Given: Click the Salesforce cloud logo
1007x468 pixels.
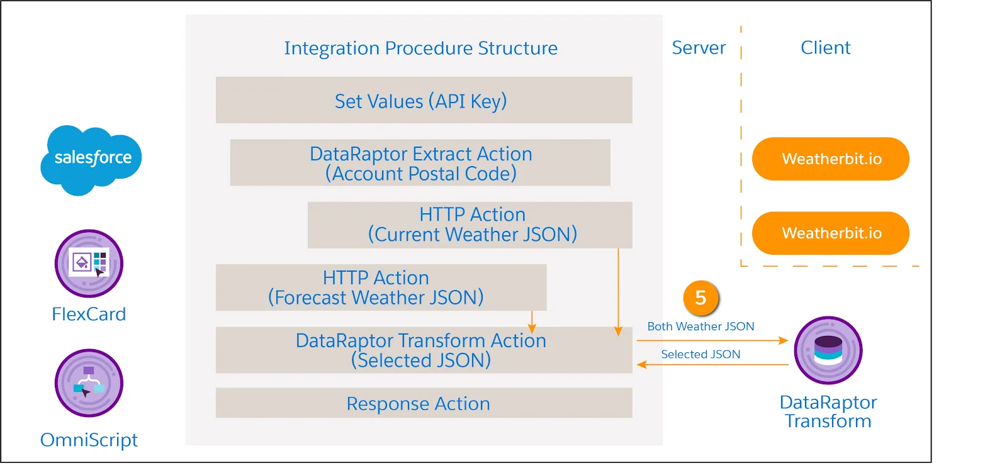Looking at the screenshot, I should pyautogui.click(x=91, y=159).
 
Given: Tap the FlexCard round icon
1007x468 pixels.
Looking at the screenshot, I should pyautogui.click(x=89, y=263).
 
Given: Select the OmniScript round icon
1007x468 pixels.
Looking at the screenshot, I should pyautogui.click(x=89, y=382).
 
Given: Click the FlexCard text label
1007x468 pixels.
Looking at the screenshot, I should pyautogui.click(x=89, y=314).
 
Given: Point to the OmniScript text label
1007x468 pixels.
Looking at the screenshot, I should pyautogui.click(x=89, y=440).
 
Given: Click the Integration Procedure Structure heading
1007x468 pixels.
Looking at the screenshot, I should pyautogui.click(x=420, y=48).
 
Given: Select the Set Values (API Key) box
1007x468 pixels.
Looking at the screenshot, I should pyautogui.click(x=424, y=100).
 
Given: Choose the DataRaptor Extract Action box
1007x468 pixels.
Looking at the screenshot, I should pyautogui.click(x=420, y=163).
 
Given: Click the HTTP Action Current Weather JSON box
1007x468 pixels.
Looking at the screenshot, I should pyautogui.click(x=470, y=225).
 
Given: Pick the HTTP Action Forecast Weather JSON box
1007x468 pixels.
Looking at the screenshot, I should pyautogui.click(x=381, y=287).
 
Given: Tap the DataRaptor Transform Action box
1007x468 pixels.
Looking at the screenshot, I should pyautogui.click(x=424, y=350).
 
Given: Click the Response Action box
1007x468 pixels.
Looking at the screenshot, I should pyautogui.click(x=424, y=403).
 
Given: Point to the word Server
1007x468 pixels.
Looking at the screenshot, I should pyautogui.click(x=699, y=48).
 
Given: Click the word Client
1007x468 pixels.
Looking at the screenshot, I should pyautogui.click(x=825, y=48).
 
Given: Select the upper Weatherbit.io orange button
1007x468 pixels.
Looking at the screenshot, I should pyautogui.click(x=831, y=159).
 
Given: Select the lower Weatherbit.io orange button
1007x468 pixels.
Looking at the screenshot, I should pyautogui.click(x=831, y=233).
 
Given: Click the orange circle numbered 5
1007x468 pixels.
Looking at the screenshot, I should pyautogui.click(x=700, y=298).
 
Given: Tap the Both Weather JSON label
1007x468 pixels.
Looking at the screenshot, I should pyautogui.click(x=700, y=326).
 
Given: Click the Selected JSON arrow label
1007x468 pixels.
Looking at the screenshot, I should pyautogui.click(x=700, y=354).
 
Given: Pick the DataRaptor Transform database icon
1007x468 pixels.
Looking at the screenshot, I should pyautogui.click(x=828, y=350).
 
